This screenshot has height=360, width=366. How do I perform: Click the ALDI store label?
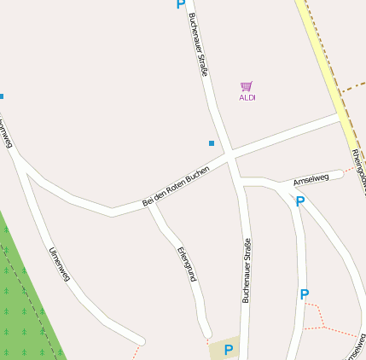(x=247, y=97)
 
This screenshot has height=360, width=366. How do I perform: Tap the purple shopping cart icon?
(x=247, y=86)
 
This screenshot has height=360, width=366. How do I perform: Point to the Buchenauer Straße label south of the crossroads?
(x=247, y=270)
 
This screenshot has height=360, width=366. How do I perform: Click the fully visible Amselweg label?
(x=311, y=179)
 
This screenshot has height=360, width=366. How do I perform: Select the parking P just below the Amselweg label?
(x=299, y=201)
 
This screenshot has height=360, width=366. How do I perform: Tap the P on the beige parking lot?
(x=228, y=350)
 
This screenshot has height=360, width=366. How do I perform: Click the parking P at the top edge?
(x=180, y=4)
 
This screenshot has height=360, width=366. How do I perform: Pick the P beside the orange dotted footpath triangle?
(x=305, y=294)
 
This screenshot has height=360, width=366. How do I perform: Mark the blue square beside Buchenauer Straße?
(x=212, y=142)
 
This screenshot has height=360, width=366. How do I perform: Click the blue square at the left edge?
(x=2, y=96)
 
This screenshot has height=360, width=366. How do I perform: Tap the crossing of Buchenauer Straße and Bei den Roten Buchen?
(x=231, y=156)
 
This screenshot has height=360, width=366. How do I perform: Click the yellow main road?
(x=328, y=68)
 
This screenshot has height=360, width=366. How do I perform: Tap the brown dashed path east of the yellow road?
(x=354, y=88)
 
